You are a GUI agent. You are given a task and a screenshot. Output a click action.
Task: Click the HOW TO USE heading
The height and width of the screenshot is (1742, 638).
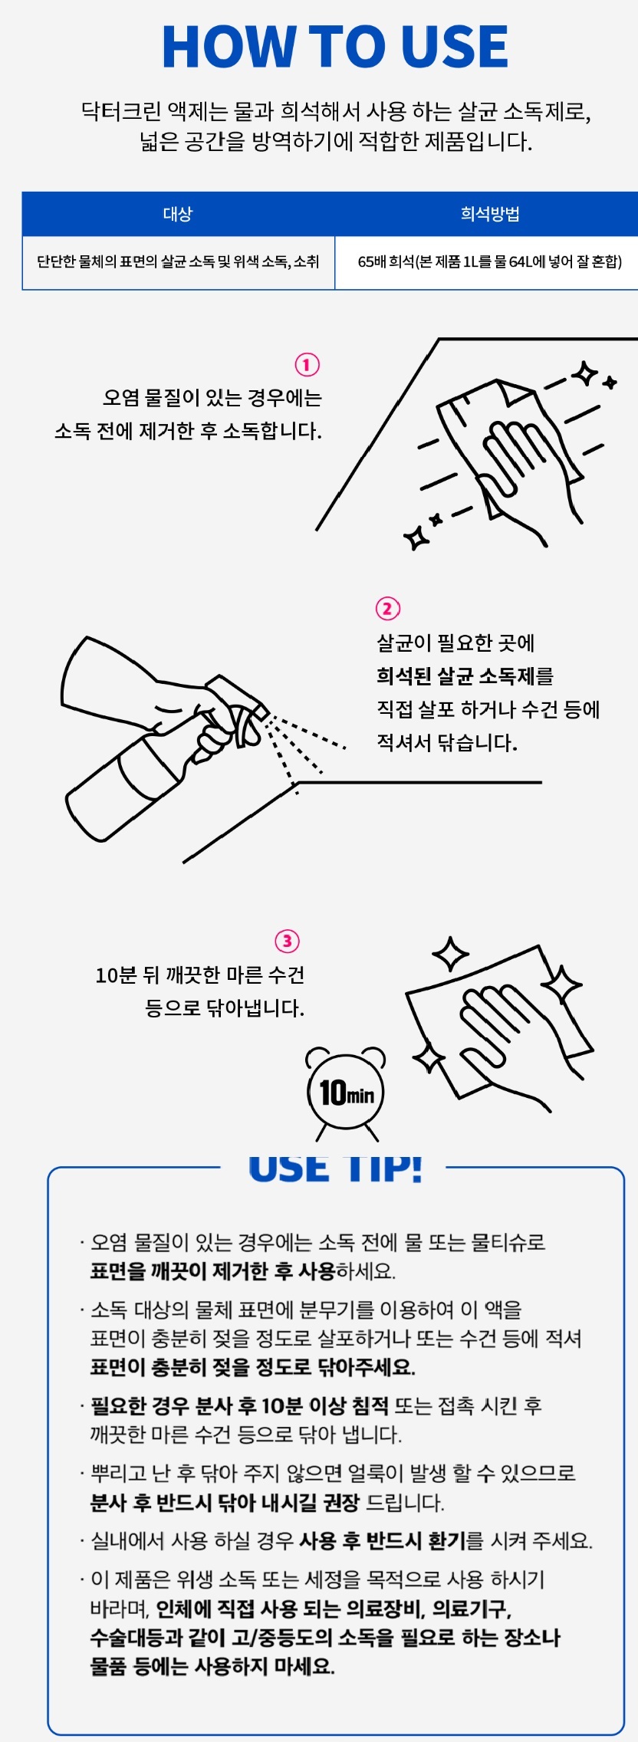tap(335, 47)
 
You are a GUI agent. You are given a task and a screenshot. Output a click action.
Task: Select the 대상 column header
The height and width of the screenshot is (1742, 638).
tap(178, 214)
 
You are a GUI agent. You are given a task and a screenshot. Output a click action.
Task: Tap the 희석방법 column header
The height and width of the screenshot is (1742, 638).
tap(490, 214)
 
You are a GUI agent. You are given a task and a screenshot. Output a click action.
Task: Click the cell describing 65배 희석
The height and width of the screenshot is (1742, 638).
tap(490, 262)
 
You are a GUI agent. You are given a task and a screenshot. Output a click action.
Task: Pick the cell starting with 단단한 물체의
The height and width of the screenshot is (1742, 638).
tap(178, 262)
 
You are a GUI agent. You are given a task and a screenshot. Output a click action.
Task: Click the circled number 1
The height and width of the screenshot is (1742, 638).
tap(307, 364)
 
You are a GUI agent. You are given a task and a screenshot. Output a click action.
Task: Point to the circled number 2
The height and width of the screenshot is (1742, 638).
tap(387, 609)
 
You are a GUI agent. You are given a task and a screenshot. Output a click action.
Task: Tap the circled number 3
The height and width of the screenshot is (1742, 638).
tap(287, 941)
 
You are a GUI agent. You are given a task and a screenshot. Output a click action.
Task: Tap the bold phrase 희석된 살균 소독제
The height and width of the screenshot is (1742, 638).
tap(455, 676)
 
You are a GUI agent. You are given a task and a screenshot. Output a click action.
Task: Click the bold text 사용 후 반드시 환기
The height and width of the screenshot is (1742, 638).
tap(382, 1540)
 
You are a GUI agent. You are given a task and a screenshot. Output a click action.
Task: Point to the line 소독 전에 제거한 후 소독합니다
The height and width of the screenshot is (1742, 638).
tap(188, 431)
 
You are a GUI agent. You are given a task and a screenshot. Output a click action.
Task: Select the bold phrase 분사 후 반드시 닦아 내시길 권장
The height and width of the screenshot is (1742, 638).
tap(225, 1502)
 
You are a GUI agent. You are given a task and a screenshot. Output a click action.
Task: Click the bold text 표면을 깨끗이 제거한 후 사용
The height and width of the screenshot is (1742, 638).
tap(213, 1271)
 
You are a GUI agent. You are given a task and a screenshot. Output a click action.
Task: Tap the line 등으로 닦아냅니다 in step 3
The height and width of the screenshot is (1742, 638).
tap(225, 1007)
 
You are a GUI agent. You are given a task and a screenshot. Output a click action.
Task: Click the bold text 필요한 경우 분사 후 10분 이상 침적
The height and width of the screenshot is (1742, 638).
tap(239, 1405)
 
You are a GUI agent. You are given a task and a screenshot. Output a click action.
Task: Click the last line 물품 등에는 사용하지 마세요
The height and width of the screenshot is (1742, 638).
tap(212, 1665)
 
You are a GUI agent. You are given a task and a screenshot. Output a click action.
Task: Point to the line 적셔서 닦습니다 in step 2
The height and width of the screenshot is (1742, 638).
tap(446, 742)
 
